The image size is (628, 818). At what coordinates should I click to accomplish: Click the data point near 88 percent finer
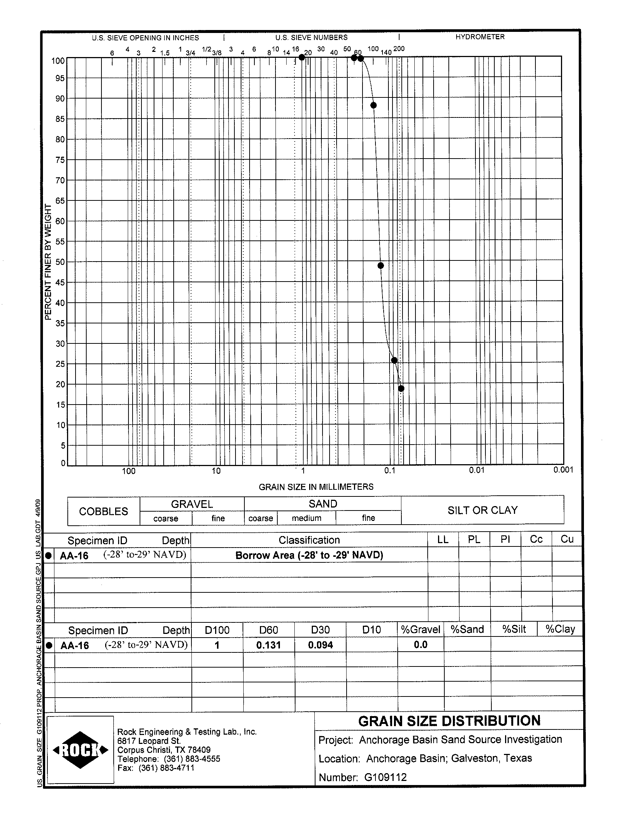373,105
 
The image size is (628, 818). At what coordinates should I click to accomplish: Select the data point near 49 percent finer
381,266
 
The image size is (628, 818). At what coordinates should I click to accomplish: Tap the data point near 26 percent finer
394,360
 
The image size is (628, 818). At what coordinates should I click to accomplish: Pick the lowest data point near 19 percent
401,389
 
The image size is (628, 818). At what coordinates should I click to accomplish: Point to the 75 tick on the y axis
60,160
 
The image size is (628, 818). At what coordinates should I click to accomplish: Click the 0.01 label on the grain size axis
477,470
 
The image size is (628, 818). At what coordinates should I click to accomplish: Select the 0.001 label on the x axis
563,470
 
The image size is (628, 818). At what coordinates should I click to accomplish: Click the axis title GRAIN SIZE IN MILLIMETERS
316,486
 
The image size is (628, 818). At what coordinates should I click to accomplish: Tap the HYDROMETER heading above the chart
480,37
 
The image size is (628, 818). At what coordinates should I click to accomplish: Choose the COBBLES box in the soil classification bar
104,511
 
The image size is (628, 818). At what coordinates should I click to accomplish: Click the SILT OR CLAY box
482,510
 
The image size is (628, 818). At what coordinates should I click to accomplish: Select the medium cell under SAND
307,518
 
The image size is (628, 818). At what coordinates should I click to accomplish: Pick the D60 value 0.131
268,645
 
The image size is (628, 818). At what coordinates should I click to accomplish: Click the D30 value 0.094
320,645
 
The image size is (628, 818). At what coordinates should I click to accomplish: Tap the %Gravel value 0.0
421,645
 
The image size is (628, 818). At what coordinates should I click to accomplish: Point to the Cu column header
567,539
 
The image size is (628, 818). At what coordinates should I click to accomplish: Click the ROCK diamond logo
81,750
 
